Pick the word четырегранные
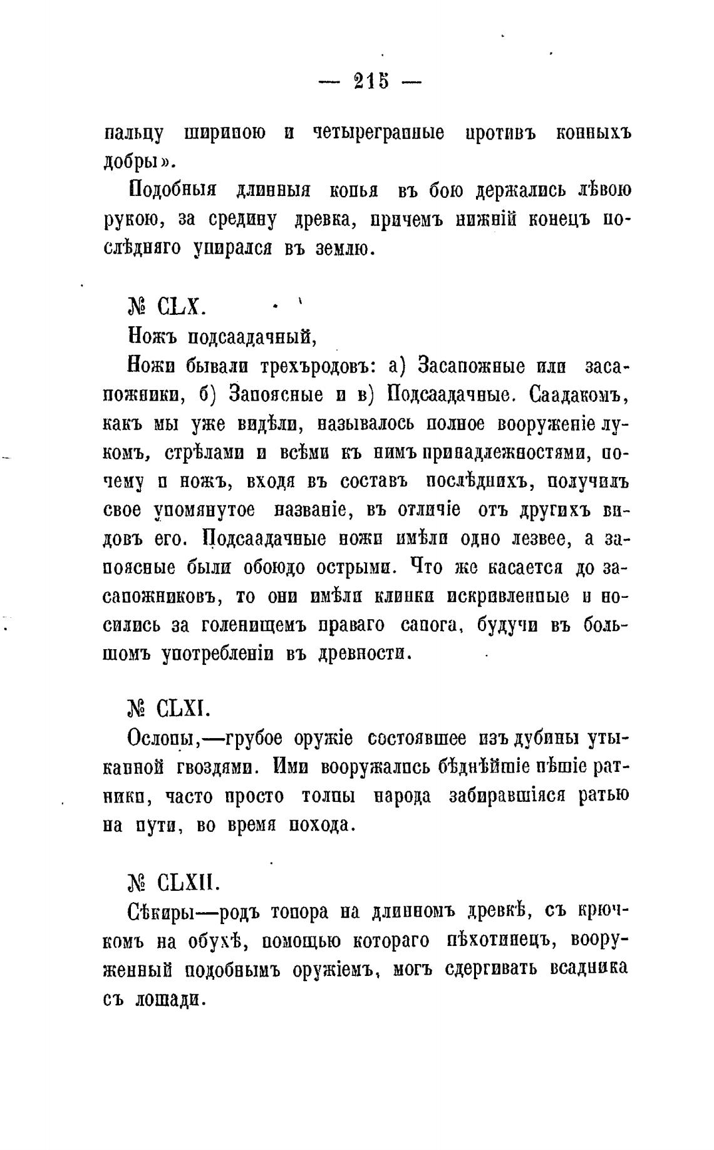pos(378,133)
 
